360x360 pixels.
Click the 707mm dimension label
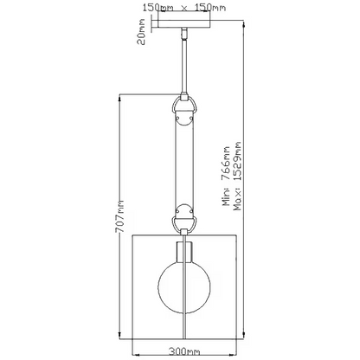(x=119, y=216)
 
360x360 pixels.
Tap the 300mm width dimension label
(x=184, y=351)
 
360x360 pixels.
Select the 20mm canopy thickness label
(x=141, y=32)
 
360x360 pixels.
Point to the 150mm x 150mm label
(x=184, y=8)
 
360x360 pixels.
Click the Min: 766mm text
(x=226, y=176)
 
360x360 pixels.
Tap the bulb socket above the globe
(x=184, y=253)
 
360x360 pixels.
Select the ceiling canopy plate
(x=184, y=24)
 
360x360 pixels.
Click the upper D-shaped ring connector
(x=184, y=106)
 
